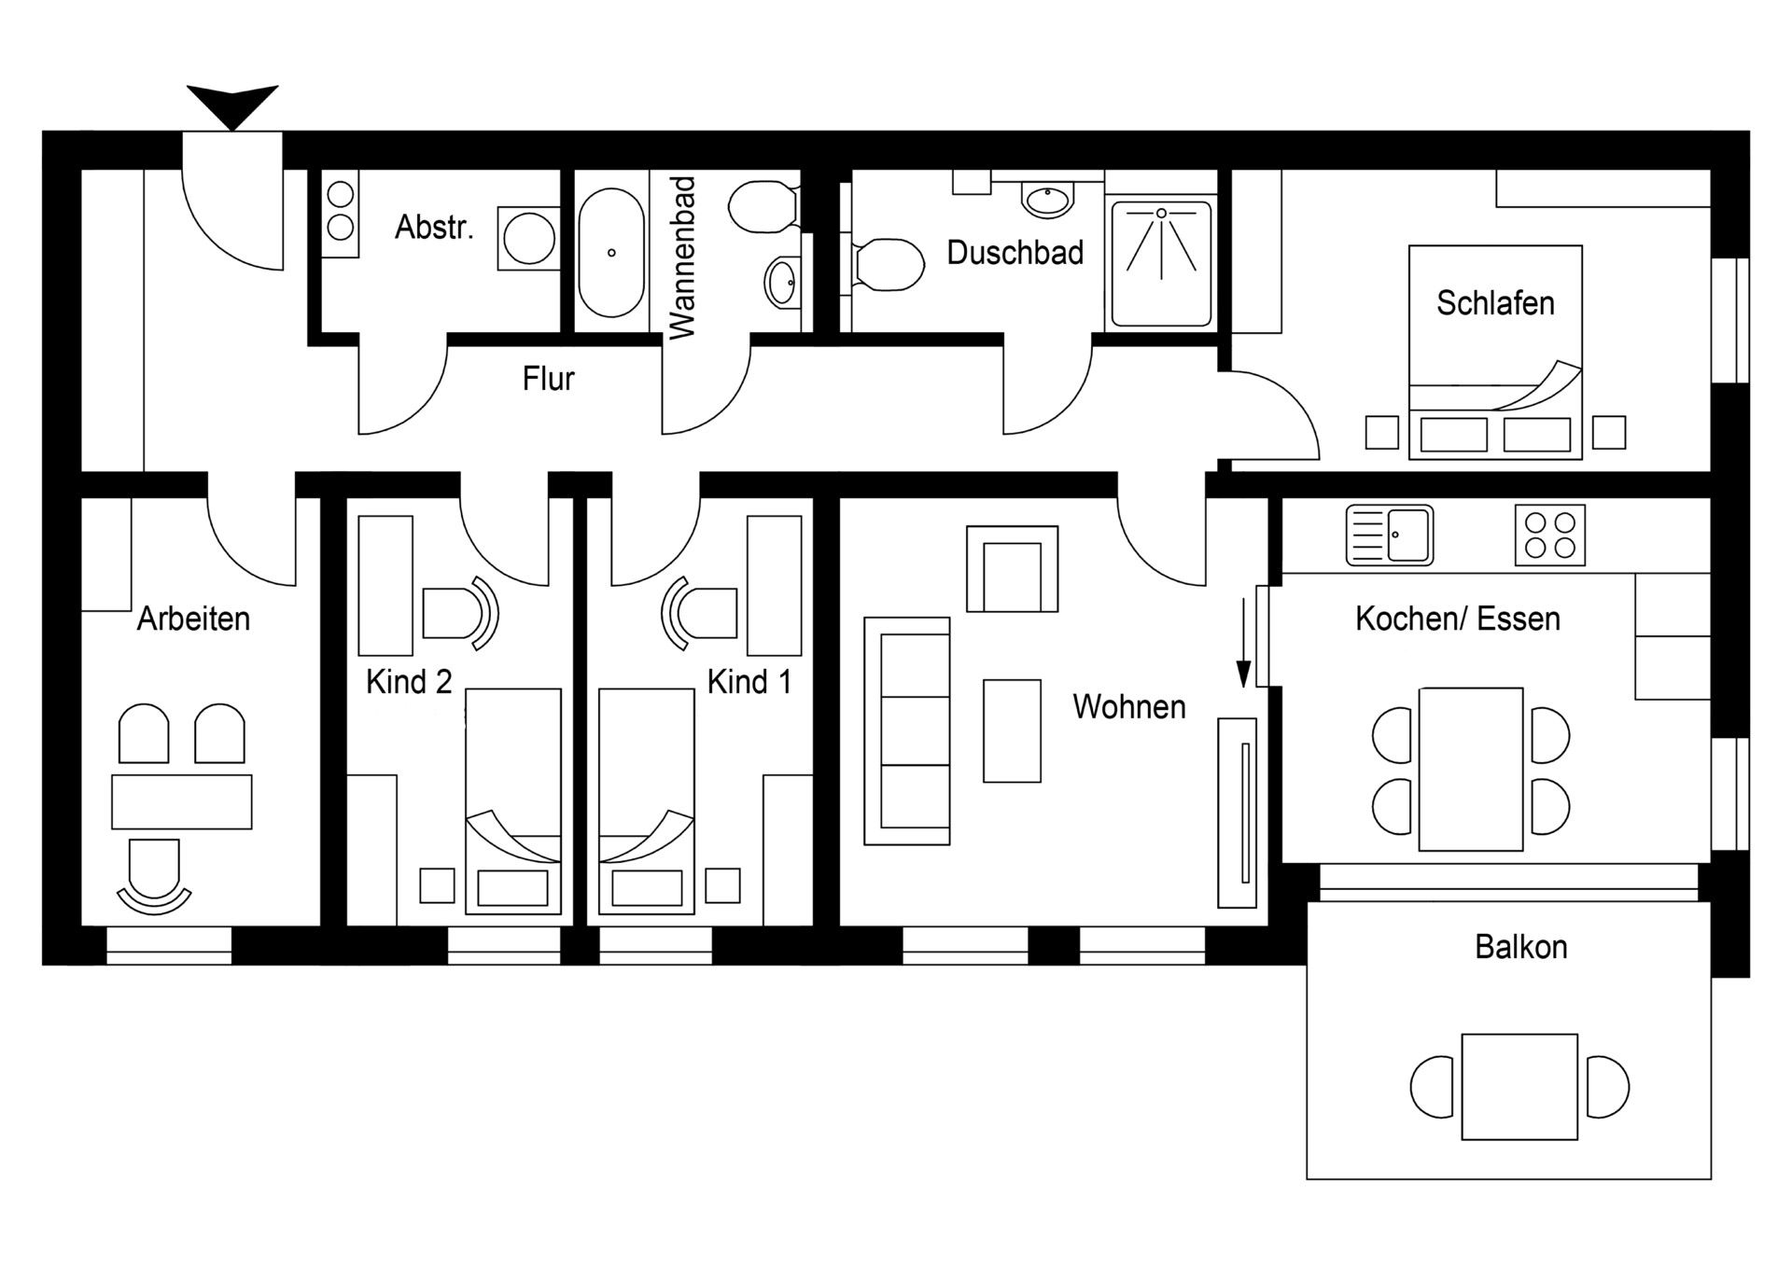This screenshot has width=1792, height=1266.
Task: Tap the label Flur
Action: point(548,379)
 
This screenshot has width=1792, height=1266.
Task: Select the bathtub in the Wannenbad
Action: point(611,253)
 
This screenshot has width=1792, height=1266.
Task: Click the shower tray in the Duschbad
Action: point(1161,263)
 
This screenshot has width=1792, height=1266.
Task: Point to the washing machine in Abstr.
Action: point(528,239)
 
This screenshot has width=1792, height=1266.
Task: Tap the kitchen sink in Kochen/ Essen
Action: point(1389,536)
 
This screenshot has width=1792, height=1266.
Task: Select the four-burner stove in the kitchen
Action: point(1549,536)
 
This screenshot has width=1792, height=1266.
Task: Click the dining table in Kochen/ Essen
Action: point(1470,769)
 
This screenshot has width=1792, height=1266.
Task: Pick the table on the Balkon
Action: point(1519,1086)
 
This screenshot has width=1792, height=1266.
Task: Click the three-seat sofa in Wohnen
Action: point(907,730)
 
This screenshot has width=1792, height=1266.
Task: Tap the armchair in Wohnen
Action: point(1012,569)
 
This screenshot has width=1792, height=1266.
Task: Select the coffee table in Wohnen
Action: point(1012,730)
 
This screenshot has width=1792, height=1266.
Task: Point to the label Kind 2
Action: point(409,682)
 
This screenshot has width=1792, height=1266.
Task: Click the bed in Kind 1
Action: point(646,800)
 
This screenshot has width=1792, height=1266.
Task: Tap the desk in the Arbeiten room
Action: point(182,801)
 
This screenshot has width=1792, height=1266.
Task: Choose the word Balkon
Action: point(1520,947)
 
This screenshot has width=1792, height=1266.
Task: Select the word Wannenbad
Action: point(682,257)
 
